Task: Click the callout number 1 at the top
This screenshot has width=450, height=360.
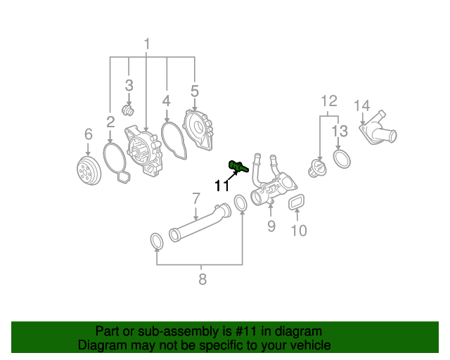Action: coord(147,45)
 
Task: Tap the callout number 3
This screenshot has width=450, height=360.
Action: coord(129,86)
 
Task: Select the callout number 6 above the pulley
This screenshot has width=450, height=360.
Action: coord(89,134)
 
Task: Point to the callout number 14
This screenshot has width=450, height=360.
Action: coord(361,105)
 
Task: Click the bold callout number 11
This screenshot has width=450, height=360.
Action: coord(222,186)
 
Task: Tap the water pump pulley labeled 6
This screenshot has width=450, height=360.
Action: coord(88,171)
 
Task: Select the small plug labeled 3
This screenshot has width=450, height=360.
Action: coord(128,111)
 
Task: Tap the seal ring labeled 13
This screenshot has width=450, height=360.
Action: coord(341,160)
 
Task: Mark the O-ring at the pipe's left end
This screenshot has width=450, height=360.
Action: coord(157,242)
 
